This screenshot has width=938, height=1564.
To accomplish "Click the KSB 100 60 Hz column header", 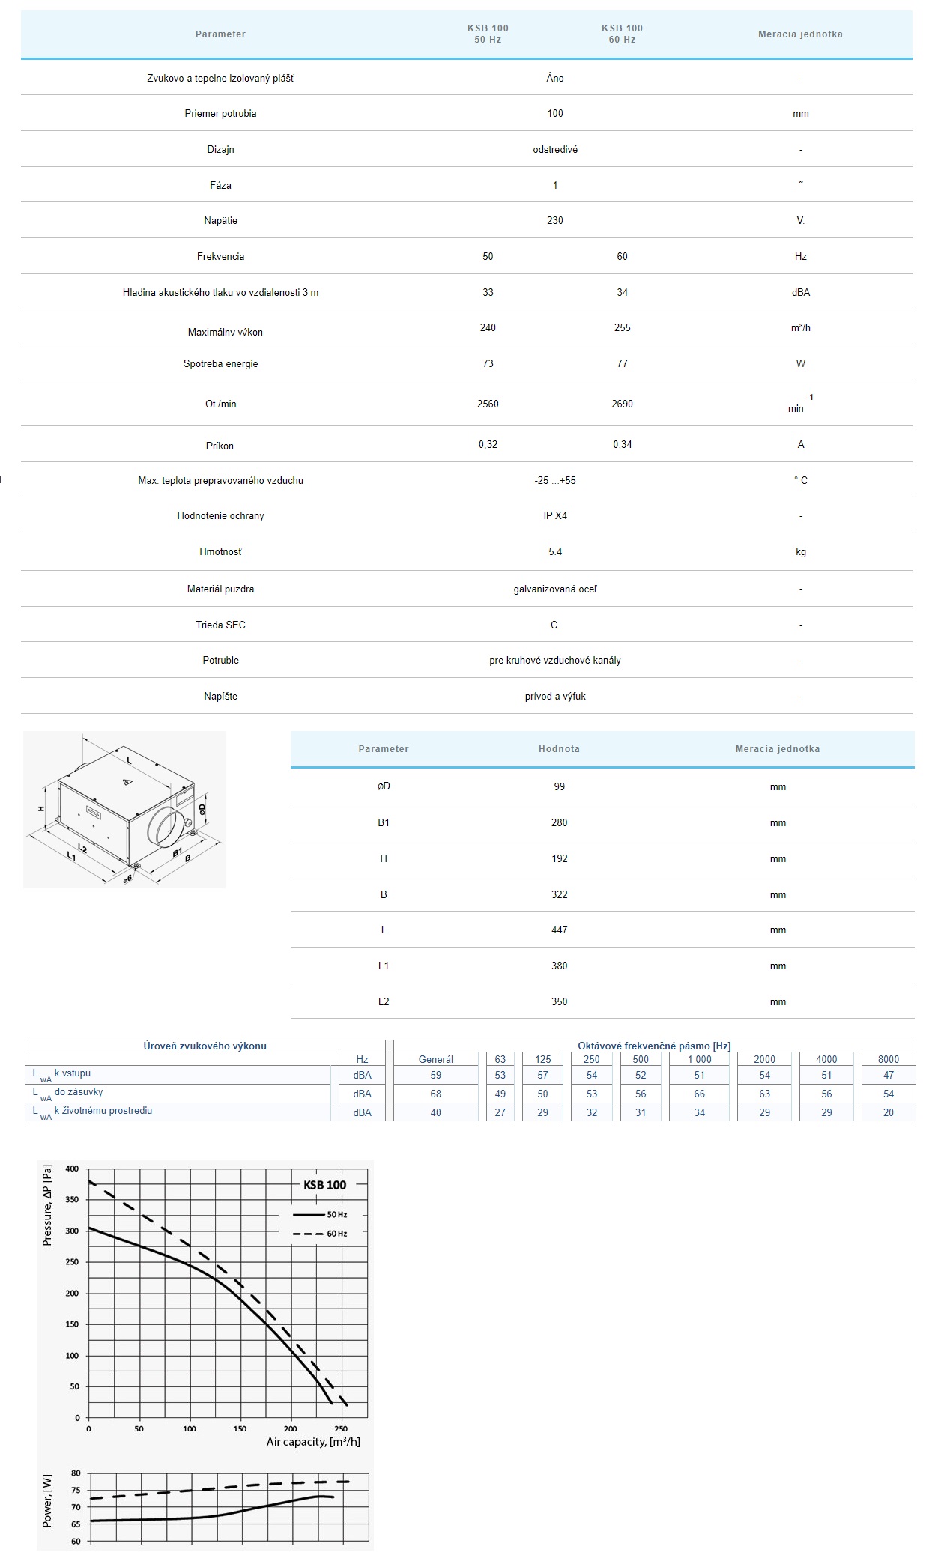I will pyautogui.click(x=622, y=34).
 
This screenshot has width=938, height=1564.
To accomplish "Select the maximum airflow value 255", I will pyautogui.click(x=622, y=327).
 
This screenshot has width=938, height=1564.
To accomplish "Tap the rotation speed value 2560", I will pyautogui.click(x=488, y=404).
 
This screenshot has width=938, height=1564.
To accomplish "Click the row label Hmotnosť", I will pyautogui.click(x=220, y=552).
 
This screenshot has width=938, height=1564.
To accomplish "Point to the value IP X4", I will pyautogui.click(x=555, y=516).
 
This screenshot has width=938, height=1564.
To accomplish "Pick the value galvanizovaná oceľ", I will pyautogui.click(x=555, y=589).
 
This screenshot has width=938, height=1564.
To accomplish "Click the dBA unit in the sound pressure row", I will pyautogui.click(x=800, y=292).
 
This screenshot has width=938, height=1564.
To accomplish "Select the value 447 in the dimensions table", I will pyautogui.click(x=559, y=930).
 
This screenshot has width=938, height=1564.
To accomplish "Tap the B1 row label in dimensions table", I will pyautogui.click(x=384, y=822).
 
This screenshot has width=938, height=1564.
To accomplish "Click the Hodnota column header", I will pyautogui.click(x=559, y=748).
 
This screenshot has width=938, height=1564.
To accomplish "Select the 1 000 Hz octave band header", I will pyautogui.click(x=699, y=1059).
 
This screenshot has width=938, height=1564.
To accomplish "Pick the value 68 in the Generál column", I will pyautogui.click(x=435, y=1094).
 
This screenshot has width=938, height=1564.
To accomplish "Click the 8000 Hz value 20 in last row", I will pyautogui.click(x=888, y=1112).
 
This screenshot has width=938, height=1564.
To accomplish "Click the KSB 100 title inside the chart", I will pyautogui.click(x=324, y=1185).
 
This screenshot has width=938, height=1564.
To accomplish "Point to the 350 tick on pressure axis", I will pyautogui.click(x=72, y=1200).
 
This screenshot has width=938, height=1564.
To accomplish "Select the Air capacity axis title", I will pyautogui.click(x=313, y=1442).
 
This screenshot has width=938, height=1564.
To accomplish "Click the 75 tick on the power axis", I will pyautogui.click(x=76, y=1490).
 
